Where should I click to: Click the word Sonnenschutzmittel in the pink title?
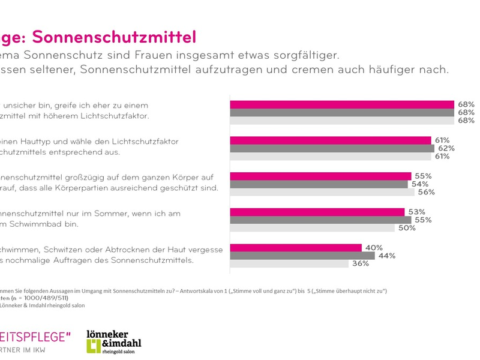114,37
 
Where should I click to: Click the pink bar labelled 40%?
296,248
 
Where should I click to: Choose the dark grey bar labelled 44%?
302,256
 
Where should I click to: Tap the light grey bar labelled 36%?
289,263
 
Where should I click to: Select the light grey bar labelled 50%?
312,227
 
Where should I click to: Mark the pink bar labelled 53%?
317,212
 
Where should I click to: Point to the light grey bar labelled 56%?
322,192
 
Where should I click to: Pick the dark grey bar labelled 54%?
319,184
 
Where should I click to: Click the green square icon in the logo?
93,345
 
